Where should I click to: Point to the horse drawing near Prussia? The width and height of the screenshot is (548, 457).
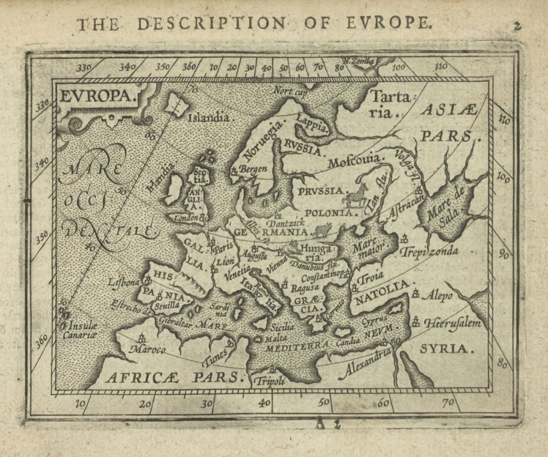pos(355,195)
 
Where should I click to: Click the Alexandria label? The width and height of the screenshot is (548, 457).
pos(366,364)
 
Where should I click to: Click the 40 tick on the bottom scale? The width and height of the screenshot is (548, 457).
pos(264,403)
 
